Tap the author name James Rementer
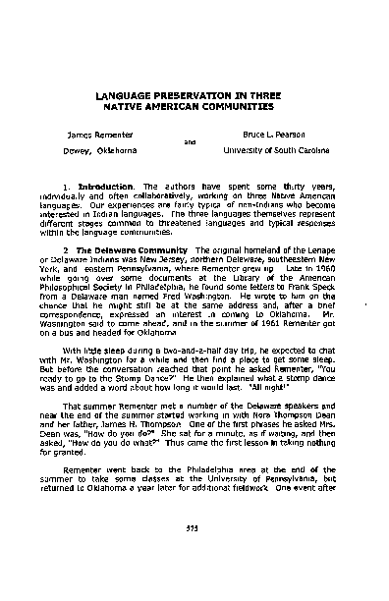click(98, 131)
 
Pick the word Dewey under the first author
click(78, 149)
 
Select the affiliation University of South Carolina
click(278, 149)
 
